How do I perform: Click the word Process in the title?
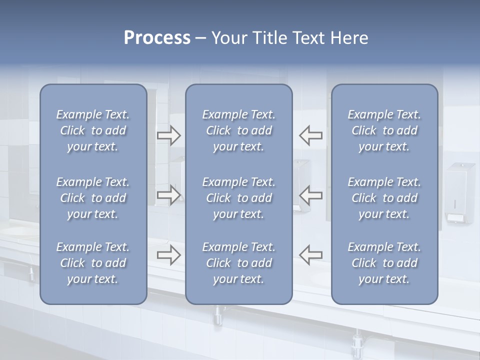coord(157,38)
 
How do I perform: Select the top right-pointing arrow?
coord(169,135)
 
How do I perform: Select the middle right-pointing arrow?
coord(169,195)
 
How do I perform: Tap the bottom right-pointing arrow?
coord(169,255)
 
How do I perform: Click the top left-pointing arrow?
coord(310,135)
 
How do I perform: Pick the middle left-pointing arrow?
coord(310,195)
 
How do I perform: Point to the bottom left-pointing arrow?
coord(310,255)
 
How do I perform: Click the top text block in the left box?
coord(93,130)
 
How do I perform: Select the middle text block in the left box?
coord(93,198)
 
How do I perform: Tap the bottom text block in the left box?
coord(93,263)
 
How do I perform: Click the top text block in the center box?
coord(238,130)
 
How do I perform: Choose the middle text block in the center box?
coord(238,198)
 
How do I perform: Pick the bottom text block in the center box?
coord(238,263)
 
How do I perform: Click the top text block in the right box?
coord(384,130)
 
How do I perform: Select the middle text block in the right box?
coord(384,198)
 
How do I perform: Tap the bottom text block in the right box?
coord(384,263)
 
